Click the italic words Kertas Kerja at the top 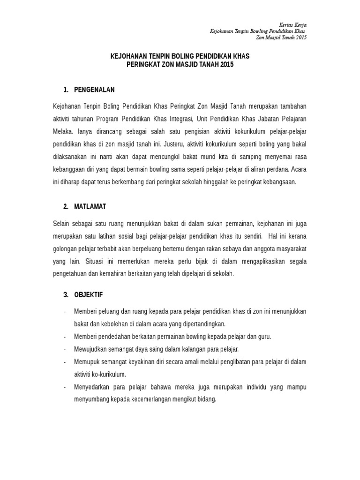(x=292, y=24)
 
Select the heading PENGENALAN (x=94, y=90)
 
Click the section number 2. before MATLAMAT (x=66, y=206)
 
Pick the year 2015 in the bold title (x=225, y=64)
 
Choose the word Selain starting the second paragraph (x=61, y=224)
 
